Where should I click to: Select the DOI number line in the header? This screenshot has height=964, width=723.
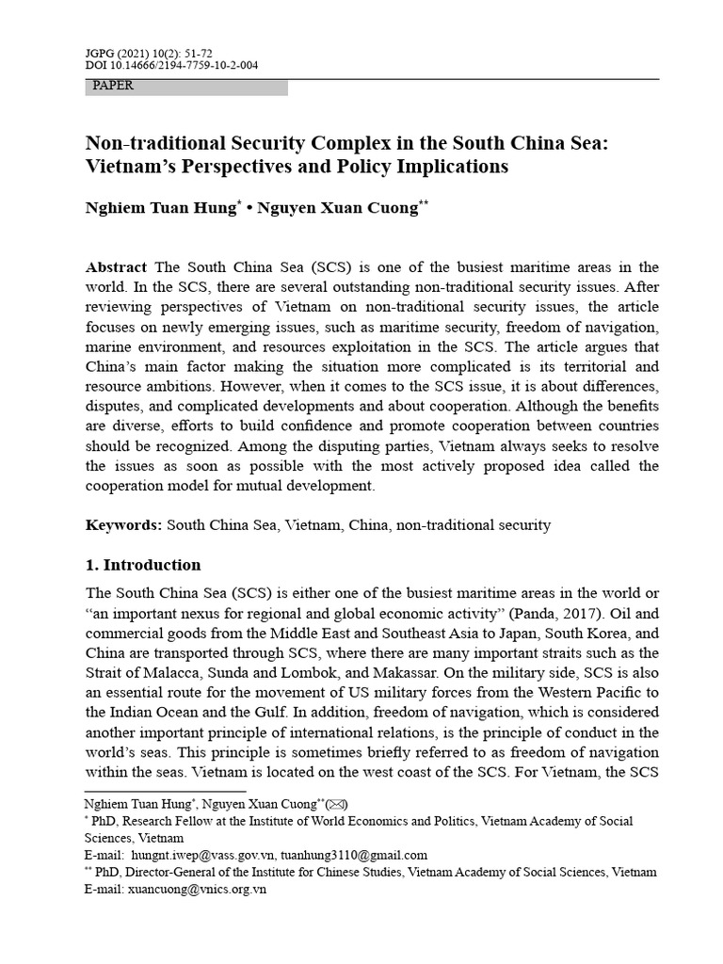[171, 65]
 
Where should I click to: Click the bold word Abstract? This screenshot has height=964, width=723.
[118, 267]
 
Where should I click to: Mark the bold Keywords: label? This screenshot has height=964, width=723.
[124, 524]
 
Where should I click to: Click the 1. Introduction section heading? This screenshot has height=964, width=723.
[143, 566]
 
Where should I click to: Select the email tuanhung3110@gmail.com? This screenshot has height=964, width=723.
[361, 855]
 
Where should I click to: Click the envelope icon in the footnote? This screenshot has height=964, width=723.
[335, 804]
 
